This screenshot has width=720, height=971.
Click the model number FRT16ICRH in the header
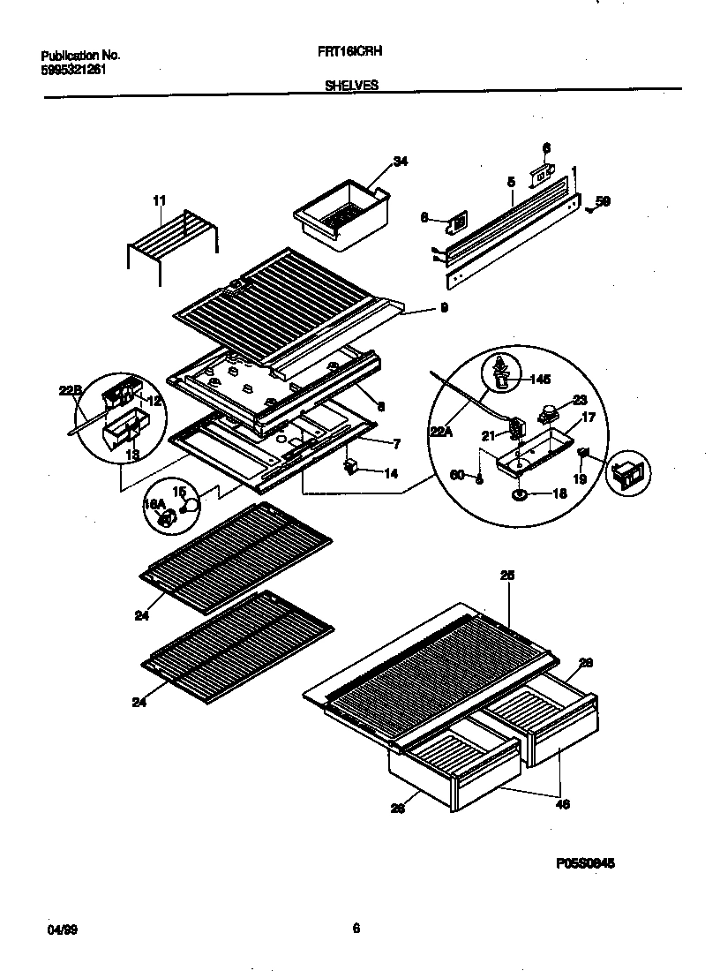349,52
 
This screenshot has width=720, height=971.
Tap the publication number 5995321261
74,71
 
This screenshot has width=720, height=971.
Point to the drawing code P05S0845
585,864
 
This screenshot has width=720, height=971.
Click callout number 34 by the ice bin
401,162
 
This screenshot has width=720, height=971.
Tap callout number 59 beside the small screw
603,201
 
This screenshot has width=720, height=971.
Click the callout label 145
539,380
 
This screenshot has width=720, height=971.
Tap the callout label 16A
154,504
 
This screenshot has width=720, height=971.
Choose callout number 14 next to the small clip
390,474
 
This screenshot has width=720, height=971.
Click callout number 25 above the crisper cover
507,575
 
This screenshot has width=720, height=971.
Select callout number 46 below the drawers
561,805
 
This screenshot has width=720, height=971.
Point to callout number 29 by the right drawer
584,662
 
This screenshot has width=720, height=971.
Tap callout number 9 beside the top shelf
444,307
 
